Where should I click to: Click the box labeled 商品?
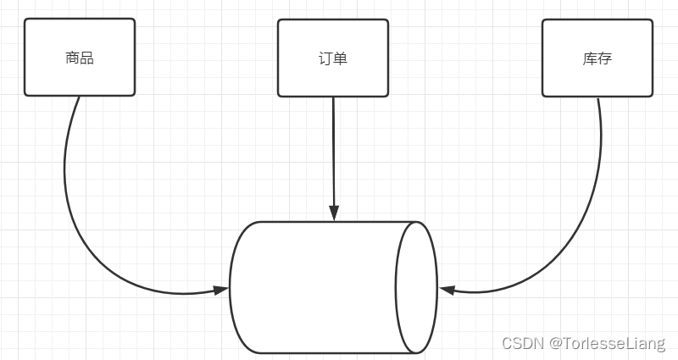80,76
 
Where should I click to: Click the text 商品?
79,58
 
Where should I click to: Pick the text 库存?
597,58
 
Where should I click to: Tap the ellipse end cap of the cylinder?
416,287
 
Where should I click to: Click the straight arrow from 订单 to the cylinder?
334,152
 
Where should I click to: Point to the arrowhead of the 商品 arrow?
221,291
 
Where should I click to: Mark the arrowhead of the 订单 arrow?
334,213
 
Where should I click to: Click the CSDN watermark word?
522,343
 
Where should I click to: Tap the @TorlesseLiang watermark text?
607,343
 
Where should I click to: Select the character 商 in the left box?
72,58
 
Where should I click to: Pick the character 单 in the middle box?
340,58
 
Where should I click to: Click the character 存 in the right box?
604,58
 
